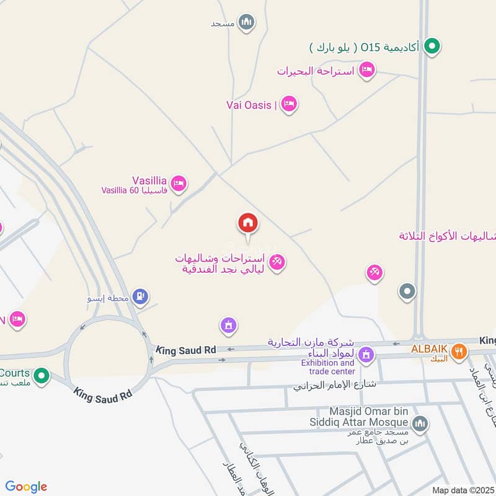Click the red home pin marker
coord(248,223)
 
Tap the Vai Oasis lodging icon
coord(288,104)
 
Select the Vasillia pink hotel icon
coord(179,183)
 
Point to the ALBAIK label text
coord(428,348)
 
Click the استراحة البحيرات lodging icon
coord(367,70)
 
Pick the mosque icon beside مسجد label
coord(247,22)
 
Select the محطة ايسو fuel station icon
coord(141,296)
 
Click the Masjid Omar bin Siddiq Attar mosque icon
coord(420,423)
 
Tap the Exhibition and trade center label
coord(328,366)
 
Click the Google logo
coord(26,487)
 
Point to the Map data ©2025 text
coord(461,490)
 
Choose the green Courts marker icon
coord(42,375)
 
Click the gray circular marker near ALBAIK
coord(407,291)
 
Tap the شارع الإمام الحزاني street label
coord(335,385)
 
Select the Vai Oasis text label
coord(249,105)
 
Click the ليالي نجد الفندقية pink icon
coord(277,262)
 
